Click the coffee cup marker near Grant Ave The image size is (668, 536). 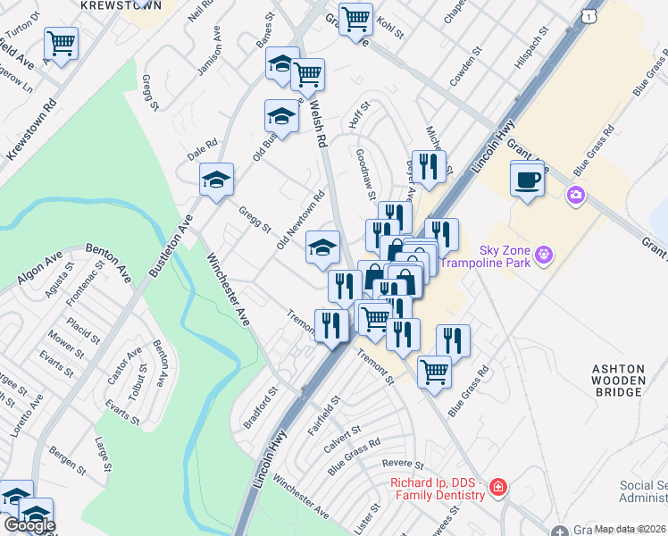point(527,180)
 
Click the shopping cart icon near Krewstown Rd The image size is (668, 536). point(61,44)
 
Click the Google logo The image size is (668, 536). point(29,525)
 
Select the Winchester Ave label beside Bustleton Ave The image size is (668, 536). point(230,291)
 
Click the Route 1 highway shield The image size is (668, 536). point(587,15)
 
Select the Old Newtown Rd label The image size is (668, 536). point(301,219)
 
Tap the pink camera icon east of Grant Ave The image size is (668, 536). point(576,194)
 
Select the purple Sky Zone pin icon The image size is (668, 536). point(544,259)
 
